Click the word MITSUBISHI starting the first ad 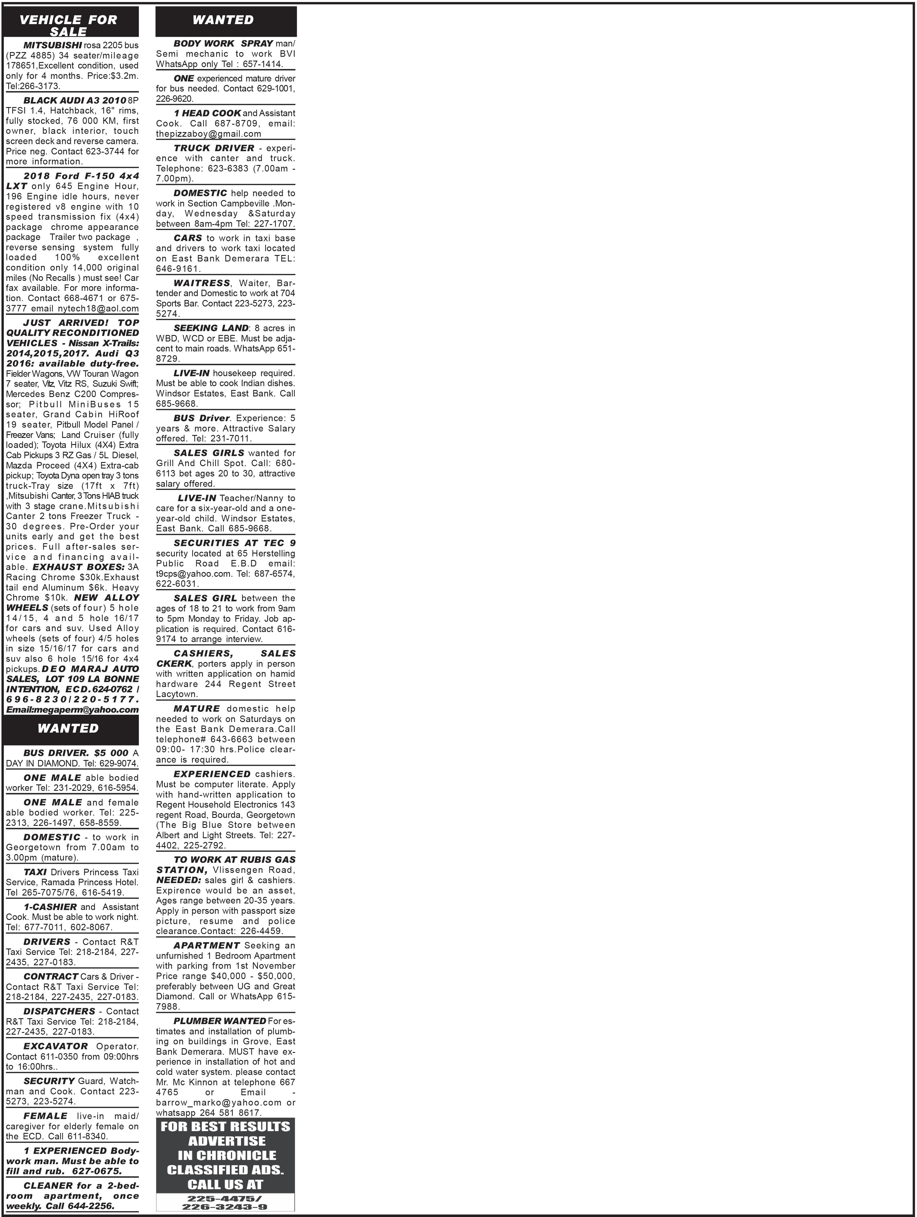52,45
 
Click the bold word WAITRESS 202,283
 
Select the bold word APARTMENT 207,945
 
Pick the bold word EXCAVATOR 56,1046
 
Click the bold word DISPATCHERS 59,1011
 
